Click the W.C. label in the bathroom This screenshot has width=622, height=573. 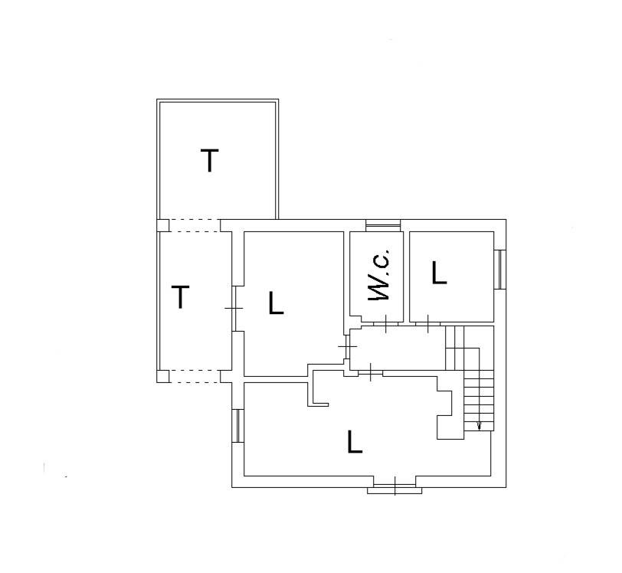(379, 274)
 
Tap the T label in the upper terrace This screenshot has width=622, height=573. (209, 160)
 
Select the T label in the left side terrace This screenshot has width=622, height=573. (181, 296)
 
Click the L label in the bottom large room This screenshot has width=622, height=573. (355, 441)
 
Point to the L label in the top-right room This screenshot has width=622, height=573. (439, 272)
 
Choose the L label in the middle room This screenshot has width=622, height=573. (276, 303)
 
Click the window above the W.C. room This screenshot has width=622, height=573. (383, 225)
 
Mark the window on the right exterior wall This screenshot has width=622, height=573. (500, 270)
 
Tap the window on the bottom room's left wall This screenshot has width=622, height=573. (237, 426)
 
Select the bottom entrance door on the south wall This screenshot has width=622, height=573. (395, 486)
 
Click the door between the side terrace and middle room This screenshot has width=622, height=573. (234, 308)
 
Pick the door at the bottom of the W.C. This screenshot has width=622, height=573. (385, 324)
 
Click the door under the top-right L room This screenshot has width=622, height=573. (427, 324)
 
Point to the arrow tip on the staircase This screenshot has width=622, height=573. (479, 429)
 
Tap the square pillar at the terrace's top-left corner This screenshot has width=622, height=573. (162, 225)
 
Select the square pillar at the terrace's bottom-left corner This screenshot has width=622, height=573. (162, 376)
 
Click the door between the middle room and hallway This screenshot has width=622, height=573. (347, 346)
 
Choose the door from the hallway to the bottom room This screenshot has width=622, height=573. (371, 372)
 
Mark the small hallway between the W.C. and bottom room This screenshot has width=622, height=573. (398, 348)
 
